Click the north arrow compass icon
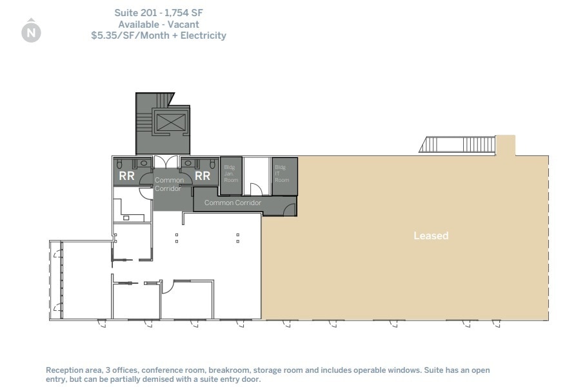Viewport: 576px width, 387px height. pos(31,32)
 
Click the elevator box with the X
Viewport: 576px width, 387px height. pos(170,121)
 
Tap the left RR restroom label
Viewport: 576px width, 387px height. pos(126,175)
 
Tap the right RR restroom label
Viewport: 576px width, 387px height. pos(203,175)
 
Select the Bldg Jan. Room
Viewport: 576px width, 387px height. pos(231,174)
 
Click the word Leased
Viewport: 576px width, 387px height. pos(431,236)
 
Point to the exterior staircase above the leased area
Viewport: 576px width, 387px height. pos(457,144)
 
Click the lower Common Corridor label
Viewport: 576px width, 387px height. pos(233,203)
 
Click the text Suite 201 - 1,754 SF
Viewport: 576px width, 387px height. pos(159,13)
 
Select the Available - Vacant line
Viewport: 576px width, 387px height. pos(159,25)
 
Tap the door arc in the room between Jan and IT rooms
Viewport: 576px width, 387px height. pos(256,188)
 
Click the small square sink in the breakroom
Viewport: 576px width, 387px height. pos(126,218)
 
